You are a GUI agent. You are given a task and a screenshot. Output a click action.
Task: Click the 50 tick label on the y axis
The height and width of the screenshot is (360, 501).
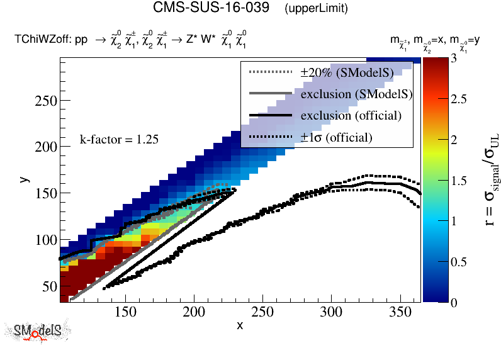49,286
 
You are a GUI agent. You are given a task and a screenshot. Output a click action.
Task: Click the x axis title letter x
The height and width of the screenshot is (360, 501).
240,325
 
